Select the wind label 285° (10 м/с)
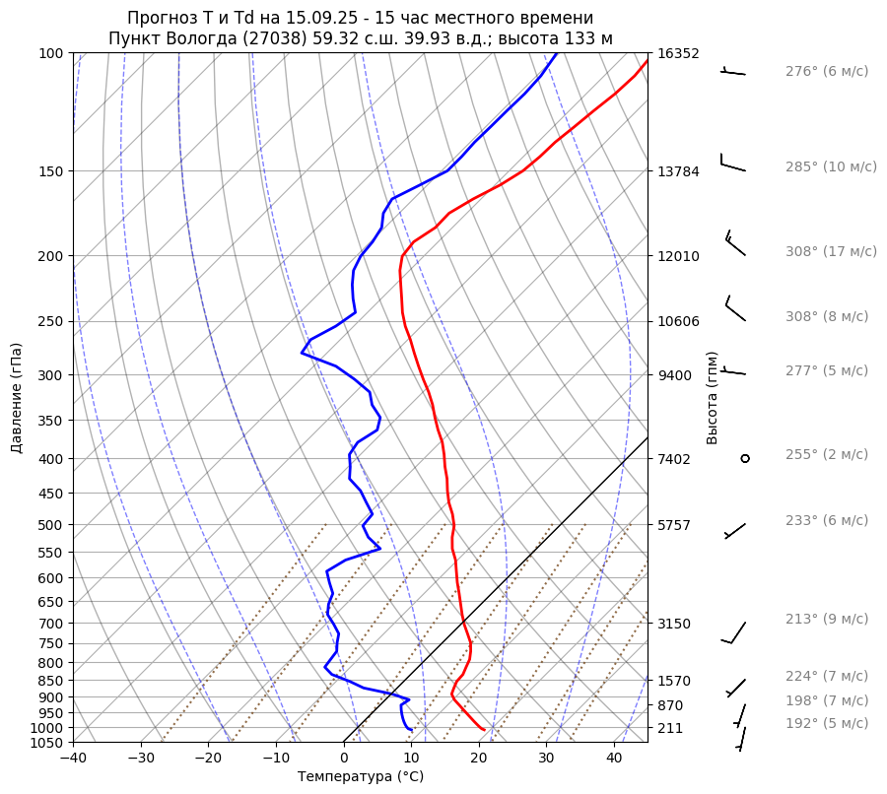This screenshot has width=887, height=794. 831,167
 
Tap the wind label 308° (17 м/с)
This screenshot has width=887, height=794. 831,252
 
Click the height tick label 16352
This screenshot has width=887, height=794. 678,53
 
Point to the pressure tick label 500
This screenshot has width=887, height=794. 51,525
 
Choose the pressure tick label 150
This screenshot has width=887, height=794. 51,171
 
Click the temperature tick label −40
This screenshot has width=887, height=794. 73,759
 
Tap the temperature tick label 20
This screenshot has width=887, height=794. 479,759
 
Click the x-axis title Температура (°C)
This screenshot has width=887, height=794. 361,777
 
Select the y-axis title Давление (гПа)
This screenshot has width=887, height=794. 17,398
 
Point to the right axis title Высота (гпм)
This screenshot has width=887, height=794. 713,398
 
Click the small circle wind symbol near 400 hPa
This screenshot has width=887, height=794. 745,458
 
